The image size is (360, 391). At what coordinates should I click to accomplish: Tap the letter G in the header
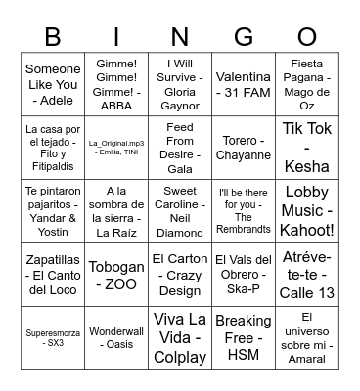244,36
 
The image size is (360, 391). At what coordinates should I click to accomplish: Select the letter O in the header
306,36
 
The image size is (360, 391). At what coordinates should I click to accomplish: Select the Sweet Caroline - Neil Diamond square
180,209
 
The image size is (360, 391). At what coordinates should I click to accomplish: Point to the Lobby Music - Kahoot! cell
306,209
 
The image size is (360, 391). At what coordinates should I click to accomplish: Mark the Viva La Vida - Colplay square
180,334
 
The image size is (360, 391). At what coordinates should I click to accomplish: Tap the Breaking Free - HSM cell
244,334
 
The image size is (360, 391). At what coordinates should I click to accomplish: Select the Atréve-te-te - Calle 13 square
306,272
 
